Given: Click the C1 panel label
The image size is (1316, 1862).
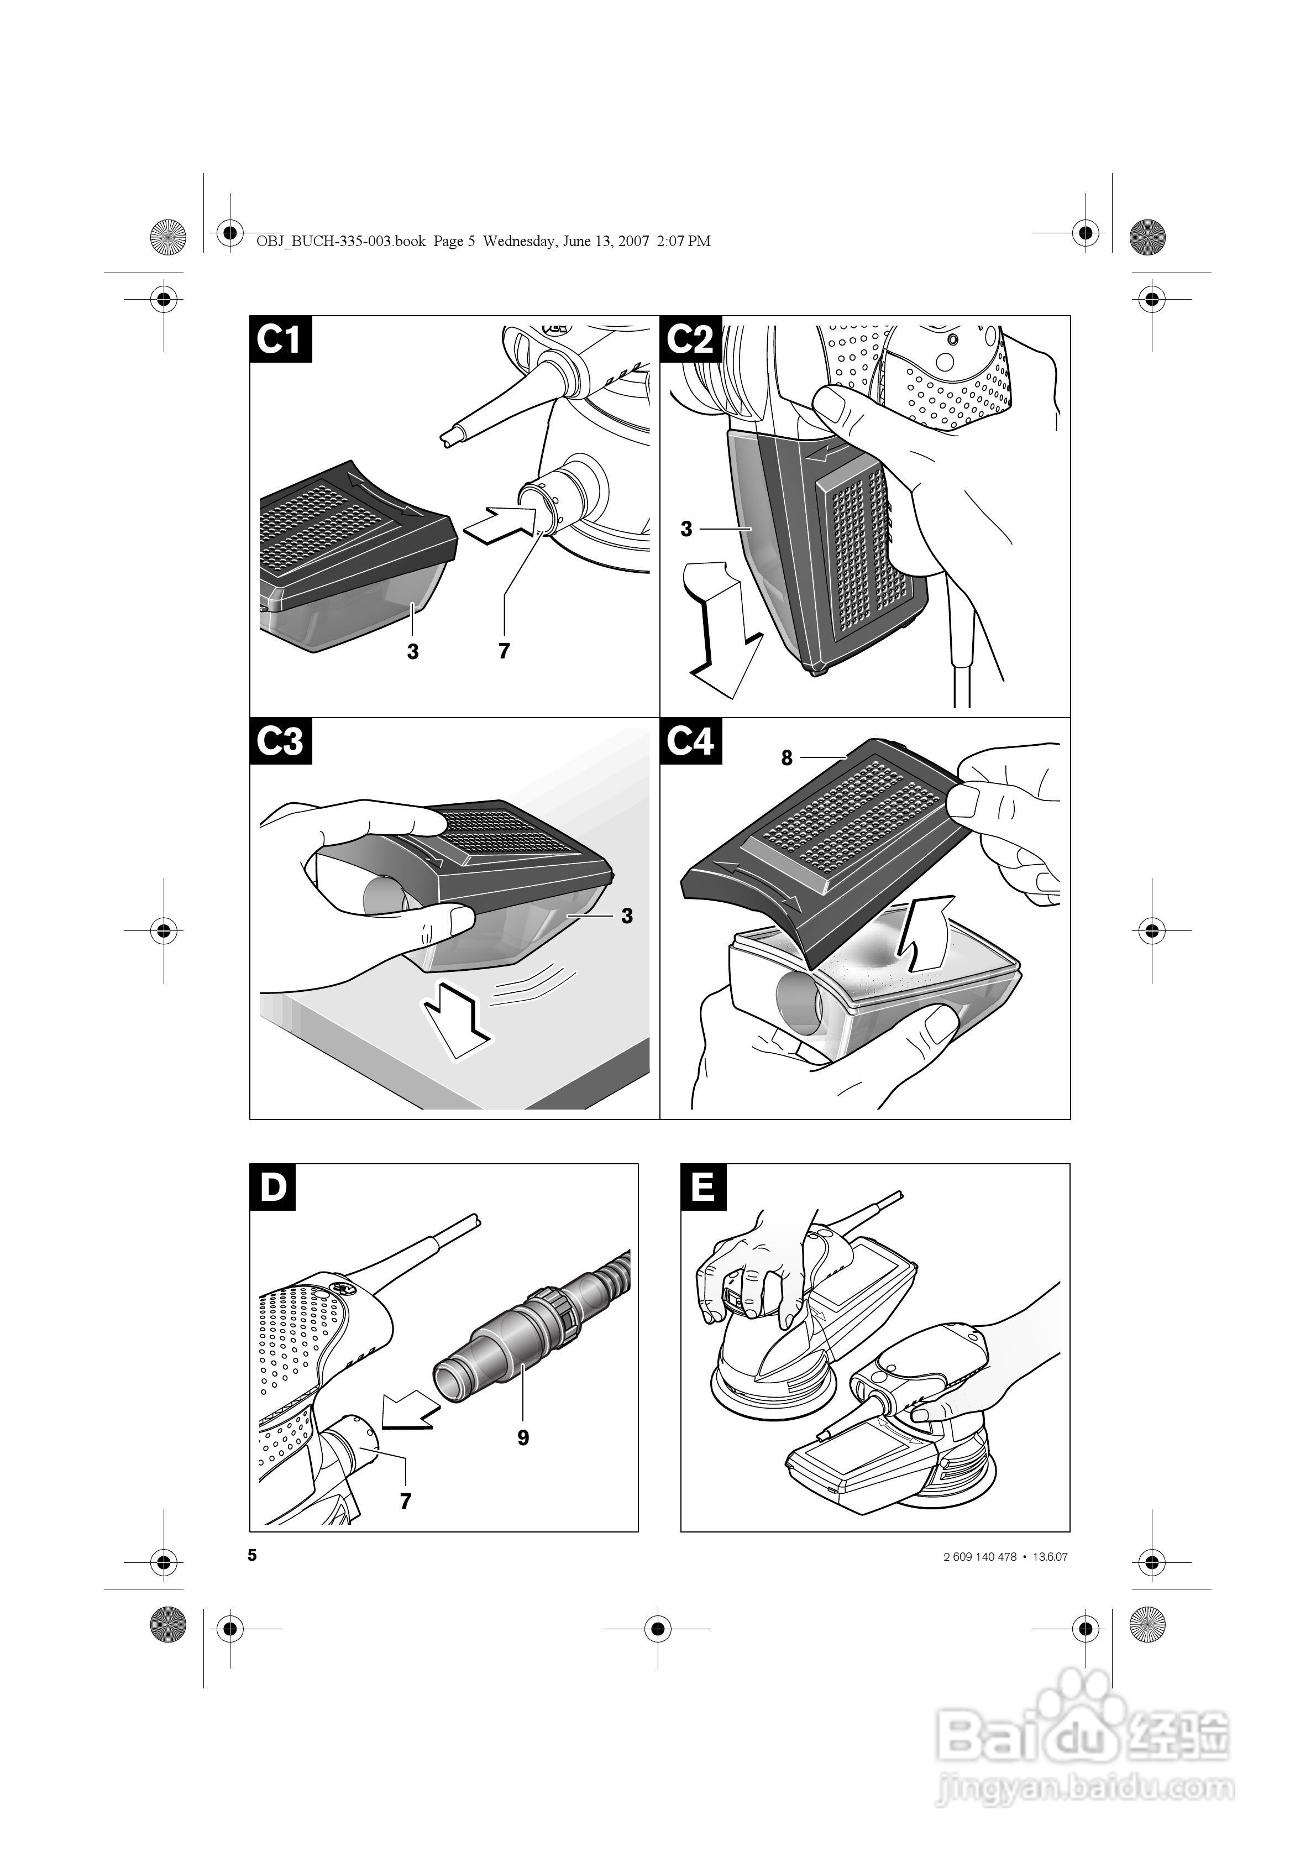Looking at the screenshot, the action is pyautogui.click(x=280, y=339).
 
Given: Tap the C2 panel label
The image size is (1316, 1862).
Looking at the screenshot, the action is pyautogui.click(x=690, y=339).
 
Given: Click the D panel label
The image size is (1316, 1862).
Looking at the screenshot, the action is pyautogui.click(x=273, y=1188).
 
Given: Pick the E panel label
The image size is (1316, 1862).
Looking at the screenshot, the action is pyautogui.click(x=703, y=1188).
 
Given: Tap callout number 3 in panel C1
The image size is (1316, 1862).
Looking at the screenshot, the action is pyautogui.click(x=413, y=652).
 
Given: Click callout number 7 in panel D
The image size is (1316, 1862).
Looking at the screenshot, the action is pyautogui.click(x=406, y=1501).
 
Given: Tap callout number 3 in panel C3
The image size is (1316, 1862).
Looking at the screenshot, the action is pyautogui.click(x=627, y=916).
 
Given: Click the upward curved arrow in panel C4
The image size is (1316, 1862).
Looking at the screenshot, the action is pyautogui.click(x=925, y=933).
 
